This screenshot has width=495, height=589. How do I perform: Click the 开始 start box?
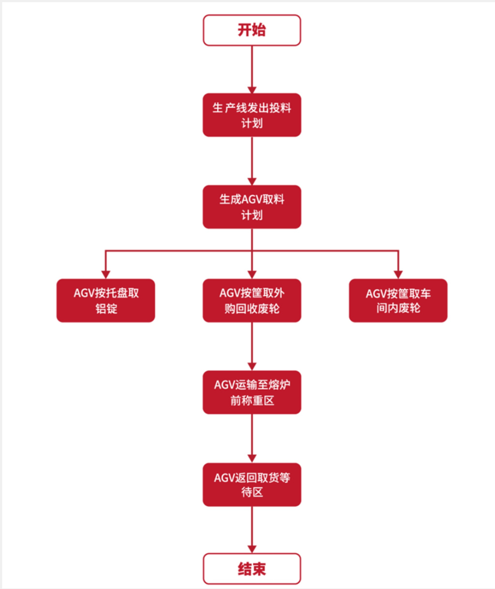click(252, 30)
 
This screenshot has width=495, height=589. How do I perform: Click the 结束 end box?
click(252, 569)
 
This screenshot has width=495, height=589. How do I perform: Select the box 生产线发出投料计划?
click(252, 115)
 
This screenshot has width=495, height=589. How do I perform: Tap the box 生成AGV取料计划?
click(252, 207)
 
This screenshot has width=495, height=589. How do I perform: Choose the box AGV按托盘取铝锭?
click(106, 301)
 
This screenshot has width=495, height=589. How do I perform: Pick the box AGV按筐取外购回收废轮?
click(252, 301)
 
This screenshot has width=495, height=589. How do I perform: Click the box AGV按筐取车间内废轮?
click(398, 301)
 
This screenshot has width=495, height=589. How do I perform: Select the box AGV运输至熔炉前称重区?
click(252, 392)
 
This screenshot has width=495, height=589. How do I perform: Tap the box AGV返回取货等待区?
click(252, 485)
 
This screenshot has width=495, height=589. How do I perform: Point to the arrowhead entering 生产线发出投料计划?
click(252, 89)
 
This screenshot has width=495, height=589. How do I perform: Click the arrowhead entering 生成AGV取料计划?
click(252, 181)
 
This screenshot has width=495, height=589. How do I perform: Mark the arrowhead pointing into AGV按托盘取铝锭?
click(106, 274)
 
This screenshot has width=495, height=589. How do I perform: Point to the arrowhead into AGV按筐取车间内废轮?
click(398, 274)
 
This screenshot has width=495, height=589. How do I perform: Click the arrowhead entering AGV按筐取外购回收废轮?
click(252, 274)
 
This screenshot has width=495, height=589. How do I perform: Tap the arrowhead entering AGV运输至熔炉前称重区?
click(252, 366)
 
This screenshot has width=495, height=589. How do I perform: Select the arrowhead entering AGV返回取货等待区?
click(252, 458)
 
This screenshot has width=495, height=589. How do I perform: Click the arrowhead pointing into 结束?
click(252, 549)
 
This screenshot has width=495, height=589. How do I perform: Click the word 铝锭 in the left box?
click(106, 309)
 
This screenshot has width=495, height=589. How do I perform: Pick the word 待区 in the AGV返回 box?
click(252, 493)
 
